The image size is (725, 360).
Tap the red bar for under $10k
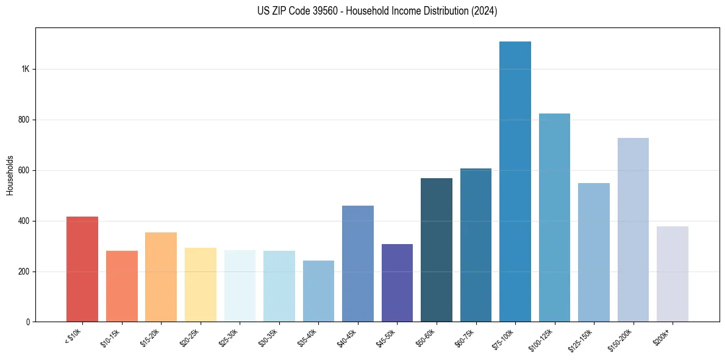[82, 269]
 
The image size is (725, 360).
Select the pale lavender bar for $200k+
[673, 274]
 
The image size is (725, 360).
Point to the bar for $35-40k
[318, 291]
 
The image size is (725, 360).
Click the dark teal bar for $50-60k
[437, 250]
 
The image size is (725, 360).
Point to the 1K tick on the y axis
[25, 69]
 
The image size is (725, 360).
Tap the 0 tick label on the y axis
[27, 322]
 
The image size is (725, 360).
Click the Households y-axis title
[10, 175]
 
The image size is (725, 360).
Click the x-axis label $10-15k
[112, 337]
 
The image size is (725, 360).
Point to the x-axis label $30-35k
[269, 337]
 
